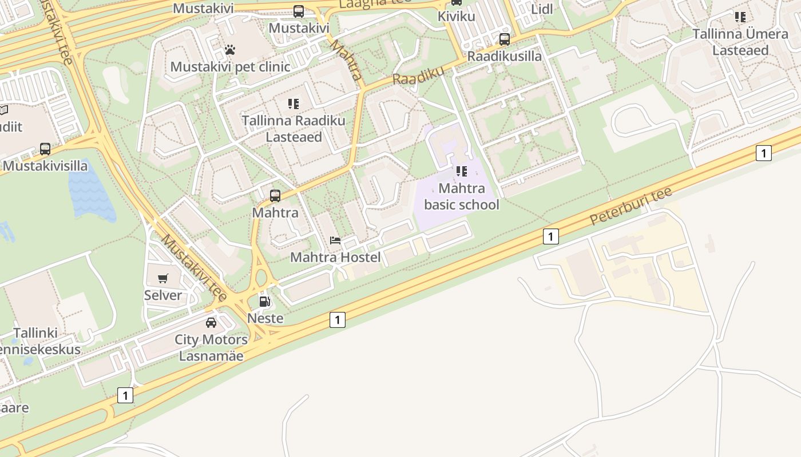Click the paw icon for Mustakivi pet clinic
(x=230, y=50)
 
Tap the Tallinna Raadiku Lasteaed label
(x=294, y=129)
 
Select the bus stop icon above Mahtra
(x=275, y=196)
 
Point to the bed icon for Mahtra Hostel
(x=335, y=240)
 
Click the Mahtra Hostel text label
(x=335, y=257)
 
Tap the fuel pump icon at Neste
(x=264, y=301)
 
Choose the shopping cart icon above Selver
(x=163, y=279)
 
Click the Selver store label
(x=163, y=295)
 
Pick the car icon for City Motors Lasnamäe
(x=211, y=323)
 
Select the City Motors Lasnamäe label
(x=211, y=347)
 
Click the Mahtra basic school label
(x=462, y=197)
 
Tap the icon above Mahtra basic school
(x=462, y=171)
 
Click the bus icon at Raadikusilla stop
(x=505, y=39)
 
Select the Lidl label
(x=542, y=9)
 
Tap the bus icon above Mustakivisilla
(x=45, y=149)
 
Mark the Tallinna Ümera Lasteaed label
(x=740, y=42)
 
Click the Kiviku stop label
(x=457, y=16)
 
